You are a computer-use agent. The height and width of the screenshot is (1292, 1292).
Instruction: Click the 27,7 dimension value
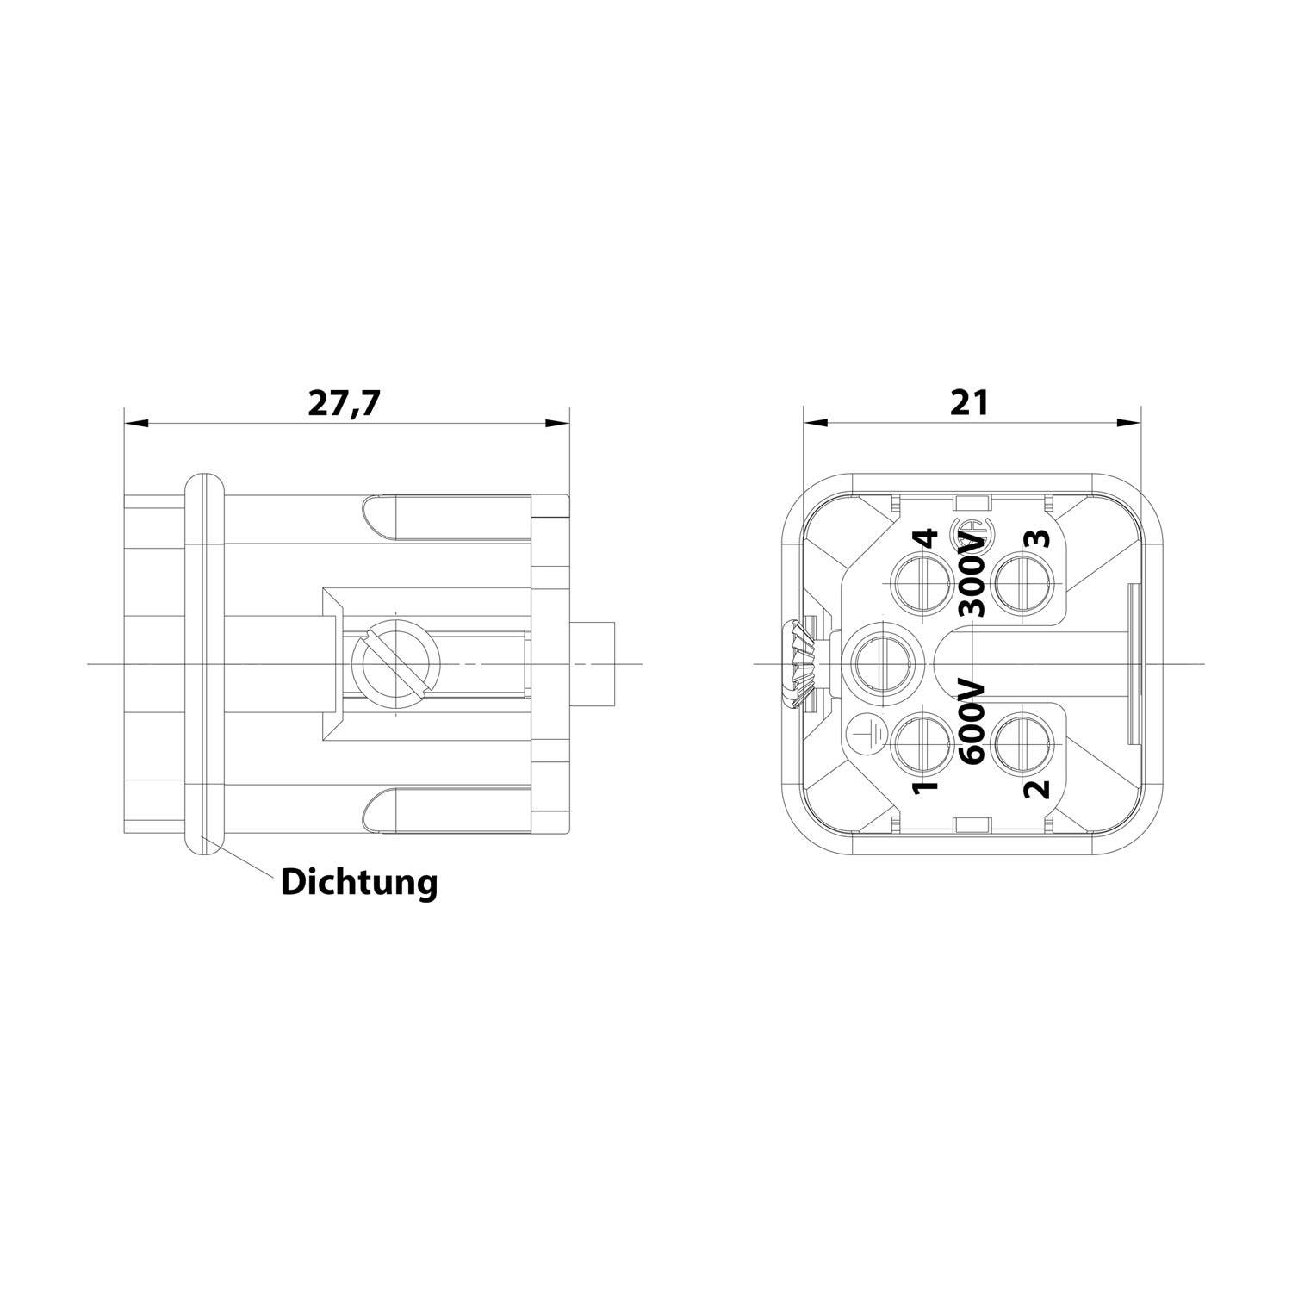[345, 404]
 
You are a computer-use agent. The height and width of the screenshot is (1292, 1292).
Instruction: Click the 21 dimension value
[971, 402]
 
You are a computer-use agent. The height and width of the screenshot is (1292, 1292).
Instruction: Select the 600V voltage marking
[972, 719]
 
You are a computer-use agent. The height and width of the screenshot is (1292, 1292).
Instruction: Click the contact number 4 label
[925, 539]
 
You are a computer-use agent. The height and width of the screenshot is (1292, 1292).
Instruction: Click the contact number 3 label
[1040, 539]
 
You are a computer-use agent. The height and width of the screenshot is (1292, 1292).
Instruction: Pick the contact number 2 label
[1040, 787]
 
